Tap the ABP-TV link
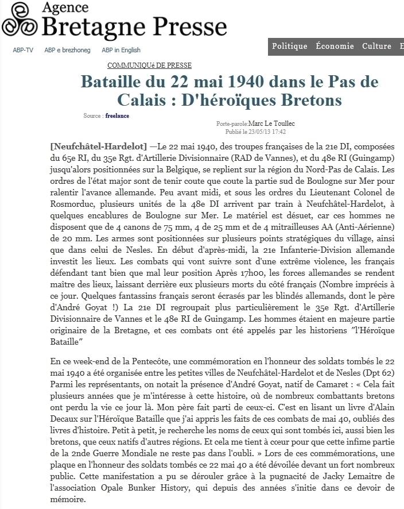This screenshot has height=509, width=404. point(23,50)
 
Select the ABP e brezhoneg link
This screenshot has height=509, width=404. point(67,50)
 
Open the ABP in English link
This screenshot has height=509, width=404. point(121,50)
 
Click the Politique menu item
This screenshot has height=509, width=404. point(290,47)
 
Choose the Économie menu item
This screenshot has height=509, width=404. point(335,47)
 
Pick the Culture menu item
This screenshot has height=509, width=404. point(376,47)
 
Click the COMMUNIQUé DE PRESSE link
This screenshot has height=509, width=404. point(149,65)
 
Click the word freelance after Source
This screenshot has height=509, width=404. point(117,115)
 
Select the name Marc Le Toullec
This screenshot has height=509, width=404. point(271,124)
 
